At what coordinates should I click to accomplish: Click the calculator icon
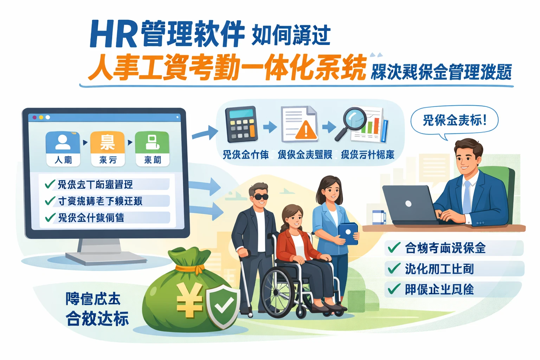[x=241, y=125]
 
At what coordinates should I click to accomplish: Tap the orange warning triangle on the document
[x=306, y=130]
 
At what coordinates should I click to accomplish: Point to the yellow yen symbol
[x=190, y=299]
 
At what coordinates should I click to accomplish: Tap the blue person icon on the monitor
[x=63, y=142]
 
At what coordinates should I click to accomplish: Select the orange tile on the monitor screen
[x=108, y=142]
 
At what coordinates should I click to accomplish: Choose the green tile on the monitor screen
[x=152, y=142]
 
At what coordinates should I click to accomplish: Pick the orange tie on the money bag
[x=190, y=269]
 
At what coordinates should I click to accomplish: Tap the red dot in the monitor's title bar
[x=34, y=117]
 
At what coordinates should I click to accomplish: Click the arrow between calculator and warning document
[x=270, y=127]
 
